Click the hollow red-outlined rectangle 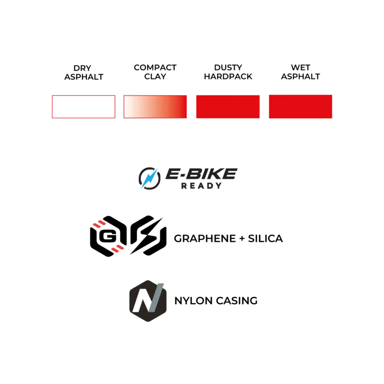[84, 106]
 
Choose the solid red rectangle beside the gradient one [228, 106]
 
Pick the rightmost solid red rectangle [300, 106]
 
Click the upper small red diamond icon [99, 224]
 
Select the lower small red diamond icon [117, 248]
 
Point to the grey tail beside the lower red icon [127, 251]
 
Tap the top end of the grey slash [162, 282]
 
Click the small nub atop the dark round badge [147, 279]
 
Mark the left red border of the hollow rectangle [52, 106]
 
